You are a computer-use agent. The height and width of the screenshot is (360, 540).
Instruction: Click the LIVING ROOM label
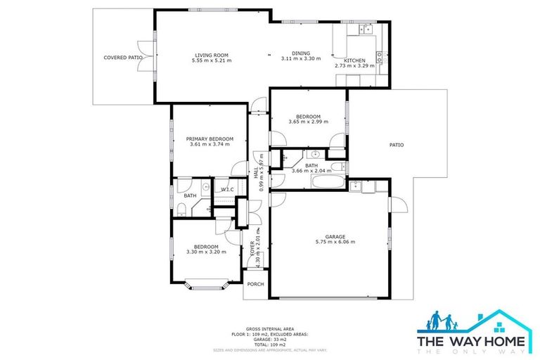coord(211,55)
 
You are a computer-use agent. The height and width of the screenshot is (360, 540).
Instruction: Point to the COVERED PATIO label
coord(122,58)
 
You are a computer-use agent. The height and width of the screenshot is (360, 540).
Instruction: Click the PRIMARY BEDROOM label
coord(210,139)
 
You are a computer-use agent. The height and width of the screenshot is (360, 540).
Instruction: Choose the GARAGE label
coord(335,237)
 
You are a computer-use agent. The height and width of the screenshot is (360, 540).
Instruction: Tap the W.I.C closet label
coord(227,190)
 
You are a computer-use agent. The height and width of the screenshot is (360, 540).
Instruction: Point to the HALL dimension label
coord(262,172)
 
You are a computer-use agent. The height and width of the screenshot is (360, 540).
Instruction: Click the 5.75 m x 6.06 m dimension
coord(335,242)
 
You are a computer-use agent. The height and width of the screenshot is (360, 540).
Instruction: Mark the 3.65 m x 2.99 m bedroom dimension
coord(308,122)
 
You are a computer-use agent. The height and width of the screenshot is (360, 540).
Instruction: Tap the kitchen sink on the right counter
coord(380,60)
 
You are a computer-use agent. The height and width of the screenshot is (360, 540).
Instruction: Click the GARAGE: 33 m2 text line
coord(270,340)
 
